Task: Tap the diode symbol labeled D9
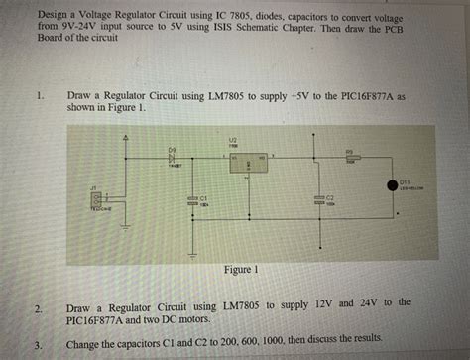(173, 158)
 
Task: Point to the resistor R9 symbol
(352, 158)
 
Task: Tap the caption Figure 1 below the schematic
(242, 269)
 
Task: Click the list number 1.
(39, 96)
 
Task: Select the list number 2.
(39, 310)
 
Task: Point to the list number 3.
(38, 345)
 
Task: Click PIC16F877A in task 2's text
(105, 320)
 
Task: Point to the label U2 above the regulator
(232, 140)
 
